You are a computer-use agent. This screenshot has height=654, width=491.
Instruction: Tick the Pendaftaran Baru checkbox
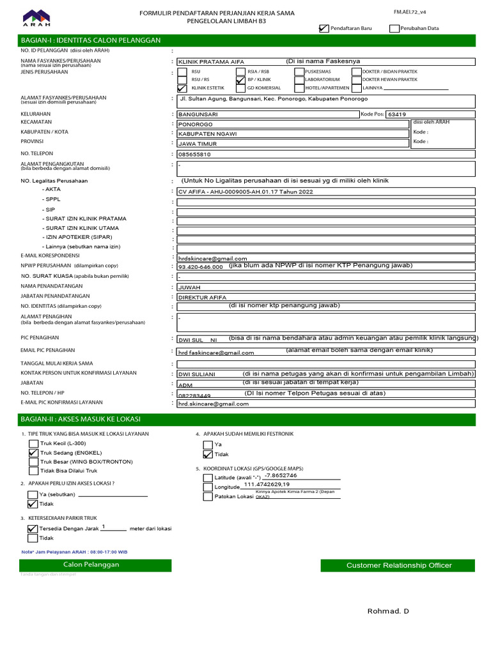(x=323, y=28)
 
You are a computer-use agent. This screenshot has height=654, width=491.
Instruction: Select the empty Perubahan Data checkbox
(x=394, y=28)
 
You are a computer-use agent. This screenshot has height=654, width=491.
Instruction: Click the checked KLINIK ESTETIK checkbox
(x=182, y=88)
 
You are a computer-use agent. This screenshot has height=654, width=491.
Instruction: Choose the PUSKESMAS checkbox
(x=299, y=71)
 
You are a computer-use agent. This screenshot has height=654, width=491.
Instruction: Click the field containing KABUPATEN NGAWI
(x=293, y=134)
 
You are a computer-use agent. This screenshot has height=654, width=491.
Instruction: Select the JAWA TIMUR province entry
(x=293, y=144)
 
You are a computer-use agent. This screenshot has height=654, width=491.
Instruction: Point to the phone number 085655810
(x=194, y=155)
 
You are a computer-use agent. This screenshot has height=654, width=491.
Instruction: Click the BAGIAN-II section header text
(x=81, y=419)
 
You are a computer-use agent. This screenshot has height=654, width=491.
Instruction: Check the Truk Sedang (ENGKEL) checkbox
(x=33, y=452)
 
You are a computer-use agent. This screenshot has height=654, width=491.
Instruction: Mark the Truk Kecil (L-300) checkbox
(x=33, y=443)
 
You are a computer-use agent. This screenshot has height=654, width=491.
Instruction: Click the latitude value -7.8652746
(x=281, y=476)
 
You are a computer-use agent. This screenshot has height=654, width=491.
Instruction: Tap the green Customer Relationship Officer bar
(x=399, y=565)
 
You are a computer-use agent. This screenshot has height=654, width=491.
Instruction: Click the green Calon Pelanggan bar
(x=91, y=565)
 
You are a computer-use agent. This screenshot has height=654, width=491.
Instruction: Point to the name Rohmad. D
(x=388, y=611)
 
